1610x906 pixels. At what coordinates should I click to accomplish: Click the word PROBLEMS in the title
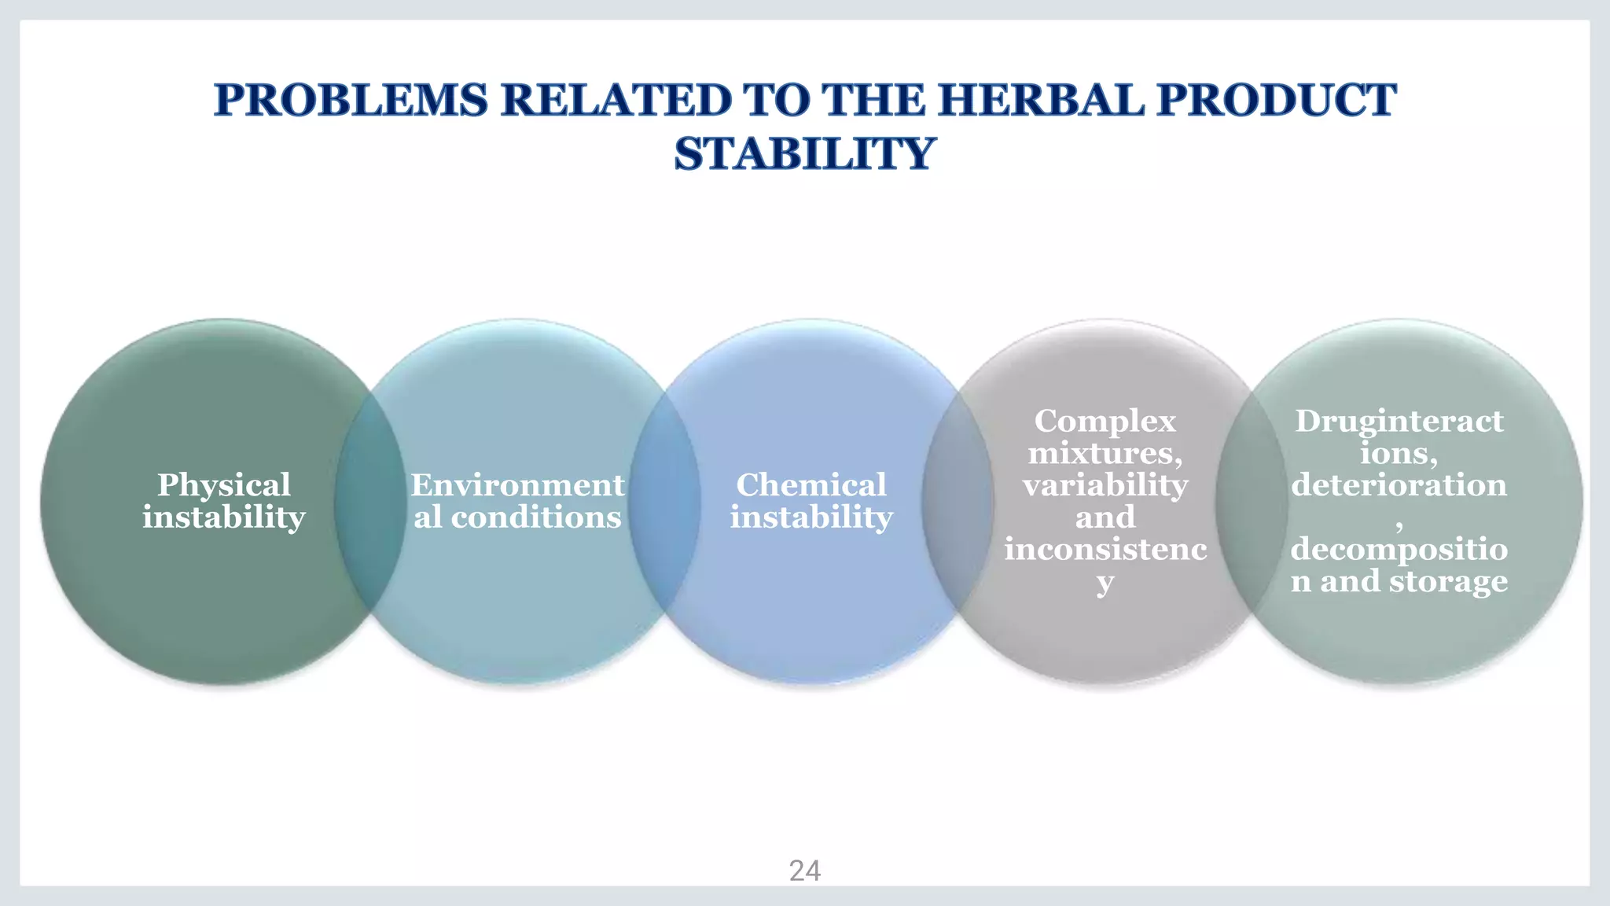click(351, 101)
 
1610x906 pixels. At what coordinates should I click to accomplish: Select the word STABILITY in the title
click(804, 153)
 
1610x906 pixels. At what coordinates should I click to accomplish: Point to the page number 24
click(804, 871)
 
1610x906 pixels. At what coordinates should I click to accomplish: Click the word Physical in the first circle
click(224, 485)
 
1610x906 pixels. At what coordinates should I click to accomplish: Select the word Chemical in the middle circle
click(811, 485)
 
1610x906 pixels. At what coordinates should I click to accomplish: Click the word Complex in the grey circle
click(1105, 422)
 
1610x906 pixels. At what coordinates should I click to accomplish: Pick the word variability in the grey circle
click(1105, 485)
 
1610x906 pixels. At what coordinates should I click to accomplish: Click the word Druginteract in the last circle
click(1399, 422)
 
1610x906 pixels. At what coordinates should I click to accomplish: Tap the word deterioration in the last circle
click(1399, 485)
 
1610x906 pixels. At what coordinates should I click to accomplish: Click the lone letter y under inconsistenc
click(1105, 584)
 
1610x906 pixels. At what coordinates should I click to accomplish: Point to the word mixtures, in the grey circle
click(1105, 454)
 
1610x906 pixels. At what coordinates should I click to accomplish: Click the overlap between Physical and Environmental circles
click(370, 503)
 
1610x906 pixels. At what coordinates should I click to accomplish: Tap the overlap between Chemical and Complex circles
click(958, 503)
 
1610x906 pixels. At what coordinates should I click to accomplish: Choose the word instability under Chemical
click(811, 517)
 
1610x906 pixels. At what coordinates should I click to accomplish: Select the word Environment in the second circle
click(517, 485)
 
